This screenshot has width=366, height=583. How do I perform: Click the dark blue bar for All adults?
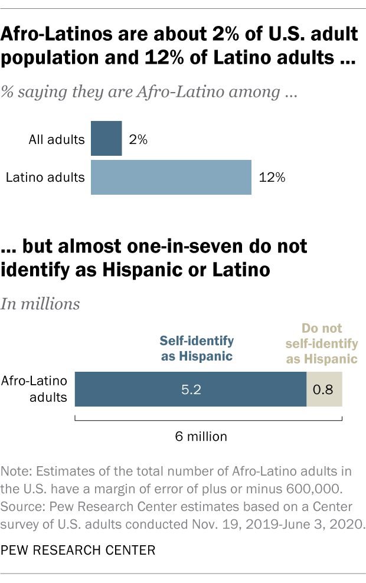[106, 139]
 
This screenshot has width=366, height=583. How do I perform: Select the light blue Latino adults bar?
[171, 177]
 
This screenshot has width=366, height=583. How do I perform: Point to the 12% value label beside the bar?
[272, 177]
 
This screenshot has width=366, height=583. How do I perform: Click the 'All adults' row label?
[57, 140]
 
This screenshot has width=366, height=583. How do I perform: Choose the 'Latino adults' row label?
[45, 177]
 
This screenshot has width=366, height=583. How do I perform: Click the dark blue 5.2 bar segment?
[191, 389]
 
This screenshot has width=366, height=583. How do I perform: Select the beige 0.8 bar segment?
[324, 389]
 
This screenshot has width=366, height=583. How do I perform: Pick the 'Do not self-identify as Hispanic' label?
[329, 343]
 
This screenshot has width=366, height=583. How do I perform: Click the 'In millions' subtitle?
[41, 304]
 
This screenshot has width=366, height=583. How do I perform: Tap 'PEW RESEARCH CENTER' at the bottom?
[78, 550]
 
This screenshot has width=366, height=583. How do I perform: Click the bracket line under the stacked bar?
[208, 420]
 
